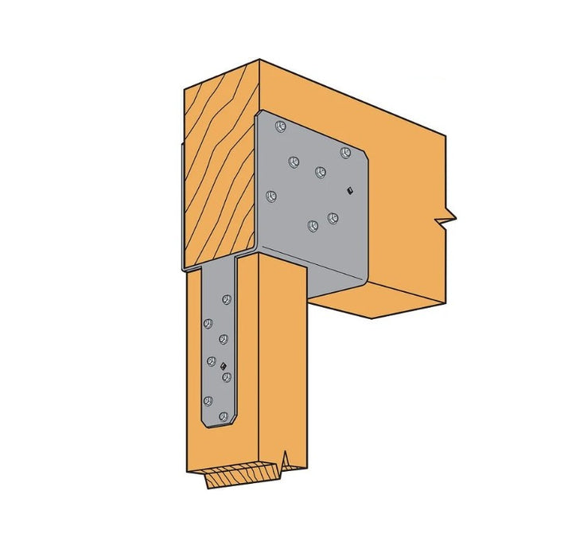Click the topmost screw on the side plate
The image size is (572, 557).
280,127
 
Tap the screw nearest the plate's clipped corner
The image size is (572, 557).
344,152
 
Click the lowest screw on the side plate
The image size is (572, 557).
312,227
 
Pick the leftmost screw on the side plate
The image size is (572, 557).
270,193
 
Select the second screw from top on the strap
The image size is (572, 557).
208,323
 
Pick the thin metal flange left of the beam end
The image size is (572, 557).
181,207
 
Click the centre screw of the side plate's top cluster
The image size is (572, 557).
320,171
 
